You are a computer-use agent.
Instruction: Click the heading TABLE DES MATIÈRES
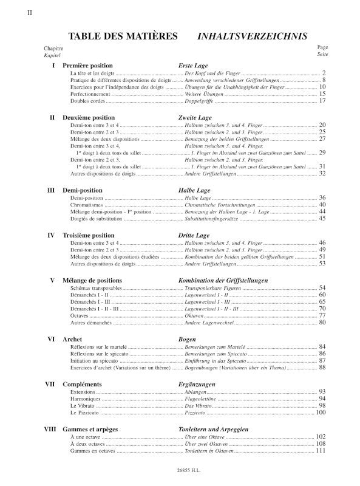123,36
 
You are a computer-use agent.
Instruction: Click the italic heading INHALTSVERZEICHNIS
252,36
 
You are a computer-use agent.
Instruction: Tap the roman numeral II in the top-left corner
30,12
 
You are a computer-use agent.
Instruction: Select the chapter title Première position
88,65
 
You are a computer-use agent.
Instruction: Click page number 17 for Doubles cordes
322,101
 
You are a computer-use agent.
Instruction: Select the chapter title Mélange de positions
92,280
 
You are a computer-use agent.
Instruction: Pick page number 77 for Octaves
322,316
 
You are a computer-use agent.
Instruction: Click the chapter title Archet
73,339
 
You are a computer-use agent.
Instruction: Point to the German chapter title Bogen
187,339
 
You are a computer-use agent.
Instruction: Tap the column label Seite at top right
322,54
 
